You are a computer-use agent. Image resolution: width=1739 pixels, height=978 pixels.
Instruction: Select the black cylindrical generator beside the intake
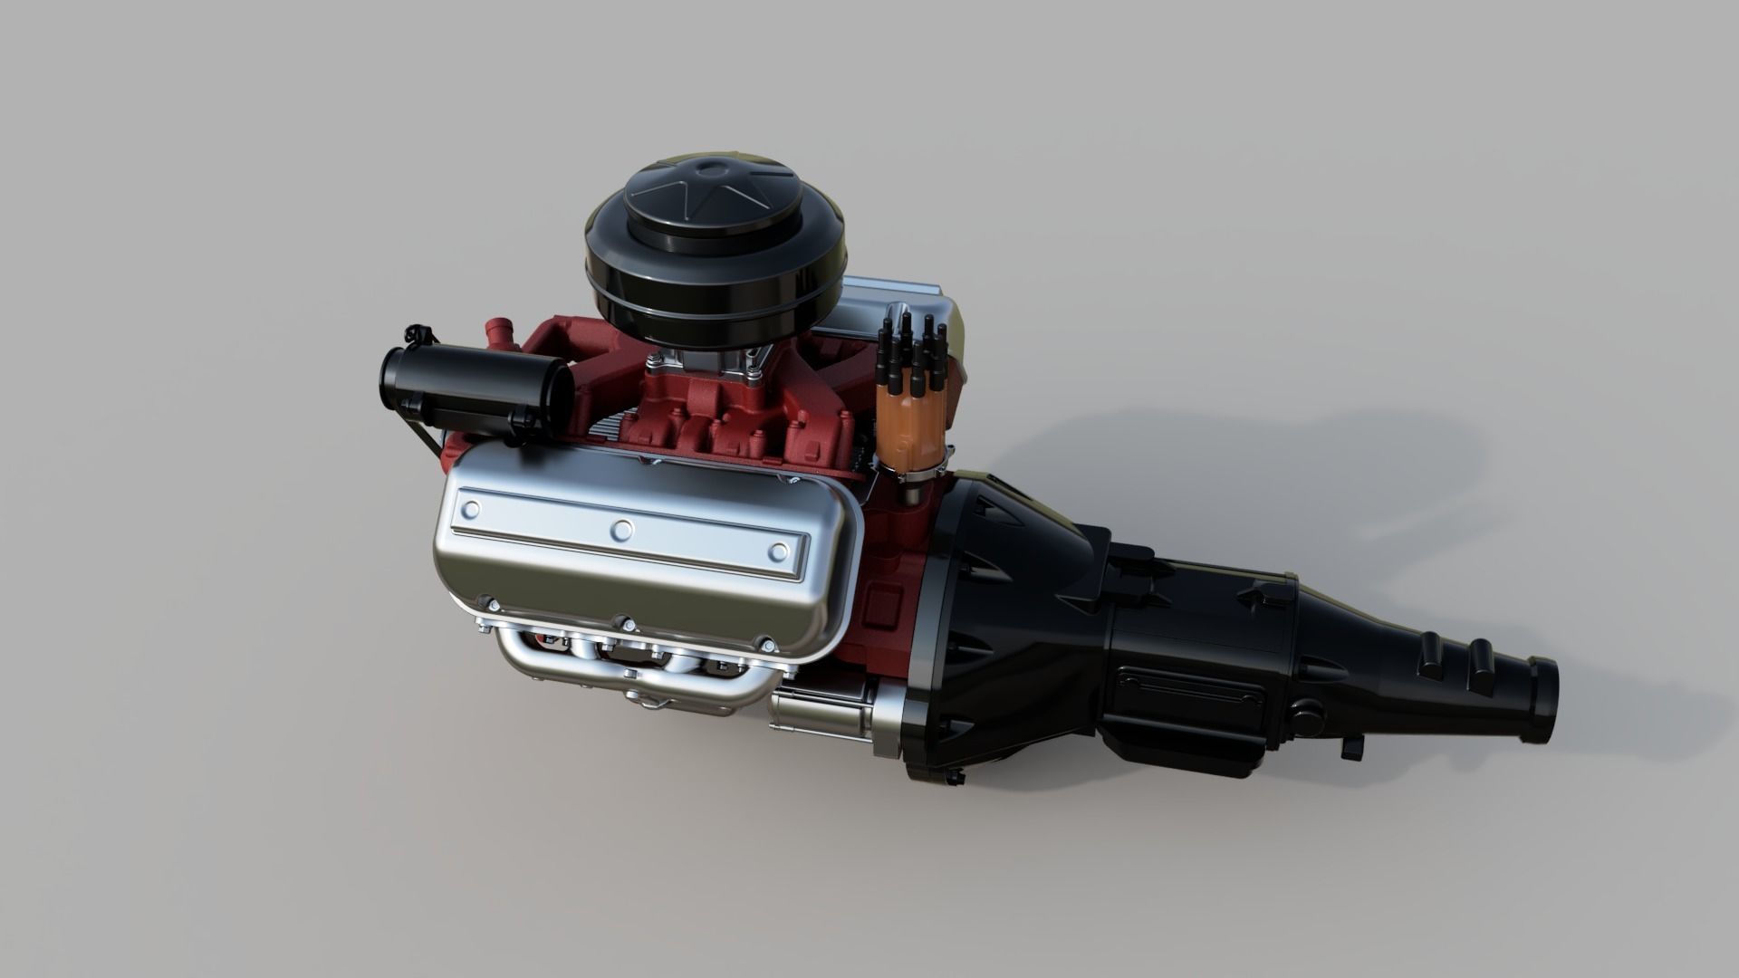(471, 389)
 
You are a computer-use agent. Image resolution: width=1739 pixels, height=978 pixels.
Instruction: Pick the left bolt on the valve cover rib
(470, 511)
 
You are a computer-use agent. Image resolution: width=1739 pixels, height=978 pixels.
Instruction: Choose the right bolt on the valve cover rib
(778, 551)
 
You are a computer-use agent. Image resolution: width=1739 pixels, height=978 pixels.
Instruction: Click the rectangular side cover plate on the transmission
(1191, 692)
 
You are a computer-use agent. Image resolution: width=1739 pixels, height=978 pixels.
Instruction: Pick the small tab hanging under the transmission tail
(1353, 747)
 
